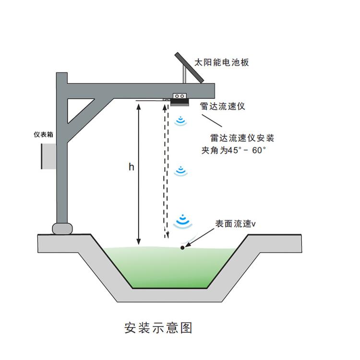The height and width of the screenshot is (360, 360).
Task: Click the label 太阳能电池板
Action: point(222,62)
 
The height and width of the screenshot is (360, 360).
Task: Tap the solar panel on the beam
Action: point(189,68)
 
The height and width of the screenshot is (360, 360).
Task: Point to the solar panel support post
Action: point(184,74)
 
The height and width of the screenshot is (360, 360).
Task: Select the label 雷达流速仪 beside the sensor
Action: point(222,106)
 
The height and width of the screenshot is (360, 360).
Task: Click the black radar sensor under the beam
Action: point(180,102)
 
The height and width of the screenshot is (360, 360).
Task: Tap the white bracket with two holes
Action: point(180,96)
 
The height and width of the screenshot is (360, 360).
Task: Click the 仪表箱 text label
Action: point(43,134)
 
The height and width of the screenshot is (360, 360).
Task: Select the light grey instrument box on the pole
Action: point(48,156)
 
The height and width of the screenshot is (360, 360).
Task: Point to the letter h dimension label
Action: point(131,167)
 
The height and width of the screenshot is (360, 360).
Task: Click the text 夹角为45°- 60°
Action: point(234,150)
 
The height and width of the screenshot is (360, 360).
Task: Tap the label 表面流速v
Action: point(235,224)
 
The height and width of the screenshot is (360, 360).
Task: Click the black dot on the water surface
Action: point(182,248)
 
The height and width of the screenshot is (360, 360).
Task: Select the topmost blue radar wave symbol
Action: point(180,121)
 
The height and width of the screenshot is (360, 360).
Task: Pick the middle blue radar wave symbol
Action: point(181,171)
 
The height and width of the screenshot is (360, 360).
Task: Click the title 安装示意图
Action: point(158,328)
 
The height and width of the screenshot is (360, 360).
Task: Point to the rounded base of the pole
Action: point(62,228)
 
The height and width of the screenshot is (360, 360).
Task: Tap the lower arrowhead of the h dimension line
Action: point(138,241)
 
